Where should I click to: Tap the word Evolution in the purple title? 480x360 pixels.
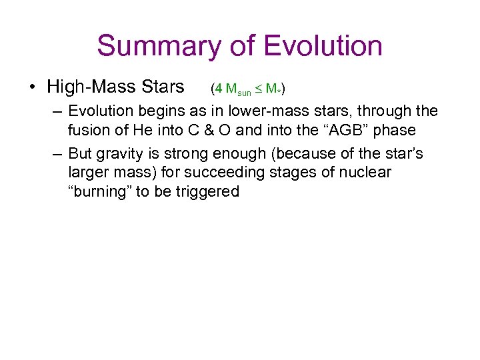point(323,46)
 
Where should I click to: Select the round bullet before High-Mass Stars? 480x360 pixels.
point(32,87)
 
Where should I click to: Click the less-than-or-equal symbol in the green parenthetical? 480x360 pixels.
point(259,89)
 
